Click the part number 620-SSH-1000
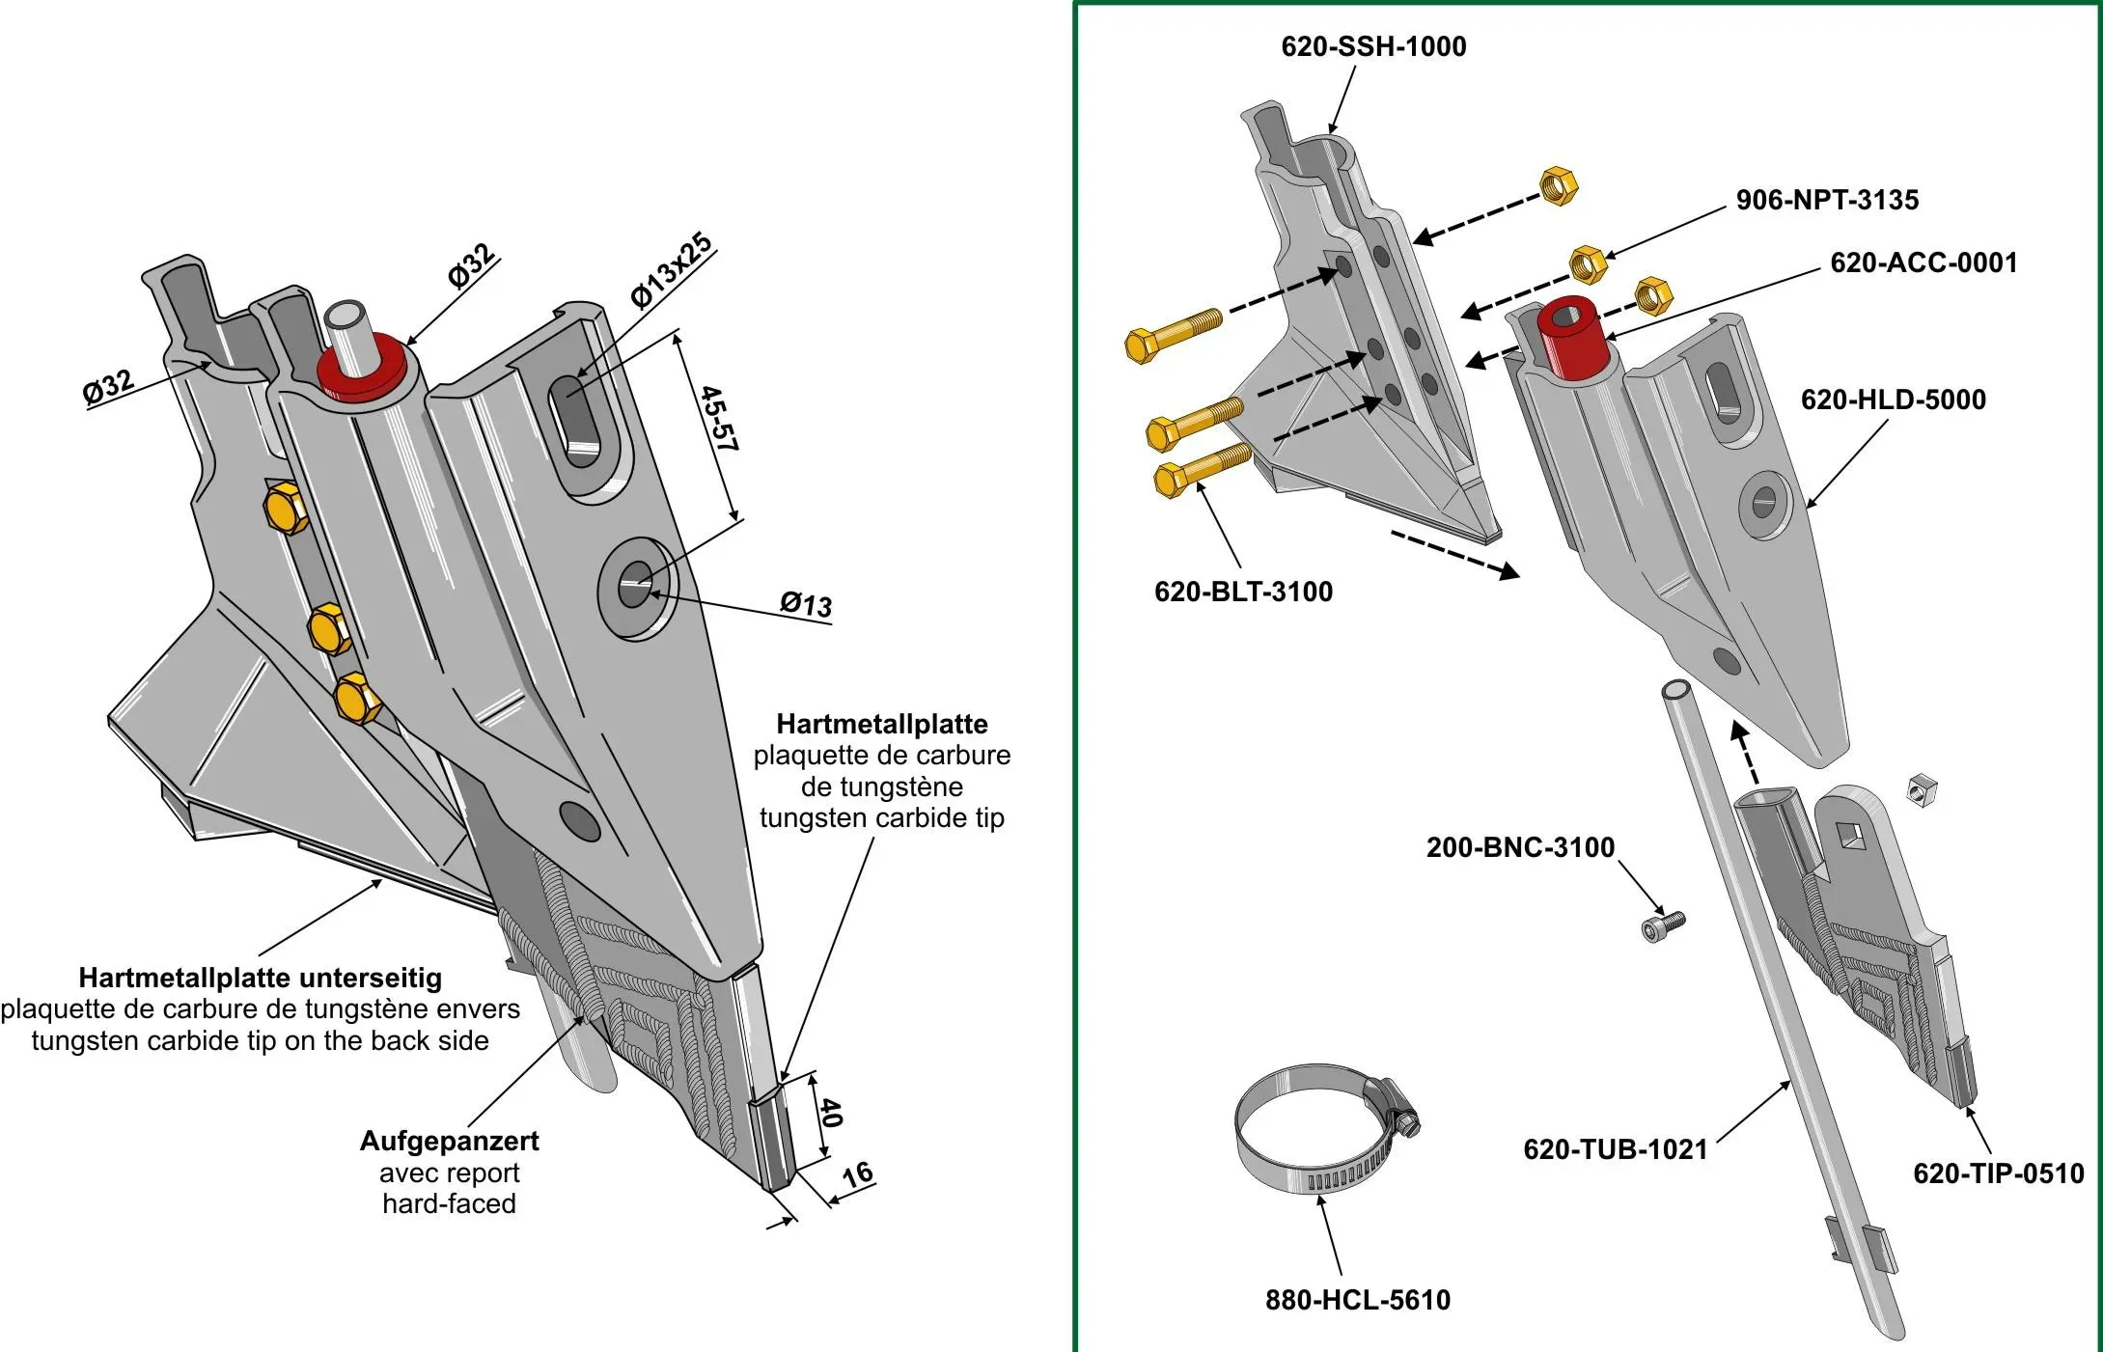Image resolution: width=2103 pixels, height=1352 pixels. tap(1372, 46)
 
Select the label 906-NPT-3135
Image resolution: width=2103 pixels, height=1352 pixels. tap(1827, 200)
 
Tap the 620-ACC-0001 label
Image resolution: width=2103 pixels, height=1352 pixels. tap(1923, 262)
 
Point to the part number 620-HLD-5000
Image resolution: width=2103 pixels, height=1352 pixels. tap(1893, 400)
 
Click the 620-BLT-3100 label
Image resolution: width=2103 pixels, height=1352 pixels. tap(1243, 592)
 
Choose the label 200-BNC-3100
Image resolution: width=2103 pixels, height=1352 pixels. tap(1520, 847)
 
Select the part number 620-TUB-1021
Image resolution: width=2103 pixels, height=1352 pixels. tap(1615, 1149)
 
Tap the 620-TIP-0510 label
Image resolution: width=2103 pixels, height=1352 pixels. tap(1998, 1173)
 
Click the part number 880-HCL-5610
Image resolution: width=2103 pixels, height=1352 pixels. tap(1357, 1300)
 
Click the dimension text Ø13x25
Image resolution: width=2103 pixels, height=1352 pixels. tap(672, 270)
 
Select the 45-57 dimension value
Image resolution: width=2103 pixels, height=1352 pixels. tap(719, 419)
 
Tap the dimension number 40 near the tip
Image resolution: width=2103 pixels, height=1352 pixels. tap(831, 1113)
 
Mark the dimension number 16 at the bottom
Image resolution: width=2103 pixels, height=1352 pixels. tap(857, 1174)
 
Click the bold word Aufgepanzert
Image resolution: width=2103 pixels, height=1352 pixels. tap(449, 1141)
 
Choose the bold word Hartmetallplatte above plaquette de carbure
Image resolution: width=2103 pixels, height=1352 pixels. tap(881, 724)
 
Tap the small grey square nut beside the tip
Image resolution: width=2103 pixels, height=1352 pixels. tap(1922, 790)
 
